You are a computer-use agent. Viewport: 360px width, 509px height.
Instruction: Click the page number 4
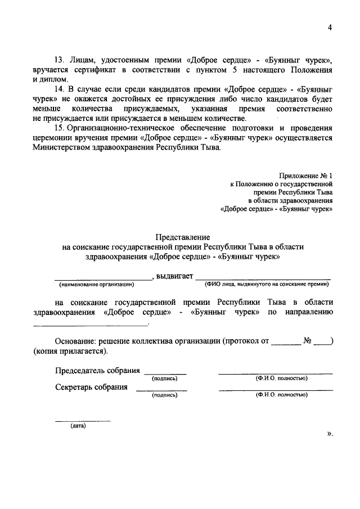[330, 30]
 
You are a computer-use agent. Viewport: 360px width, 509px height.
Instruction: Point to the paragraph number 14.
[60, 89]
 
